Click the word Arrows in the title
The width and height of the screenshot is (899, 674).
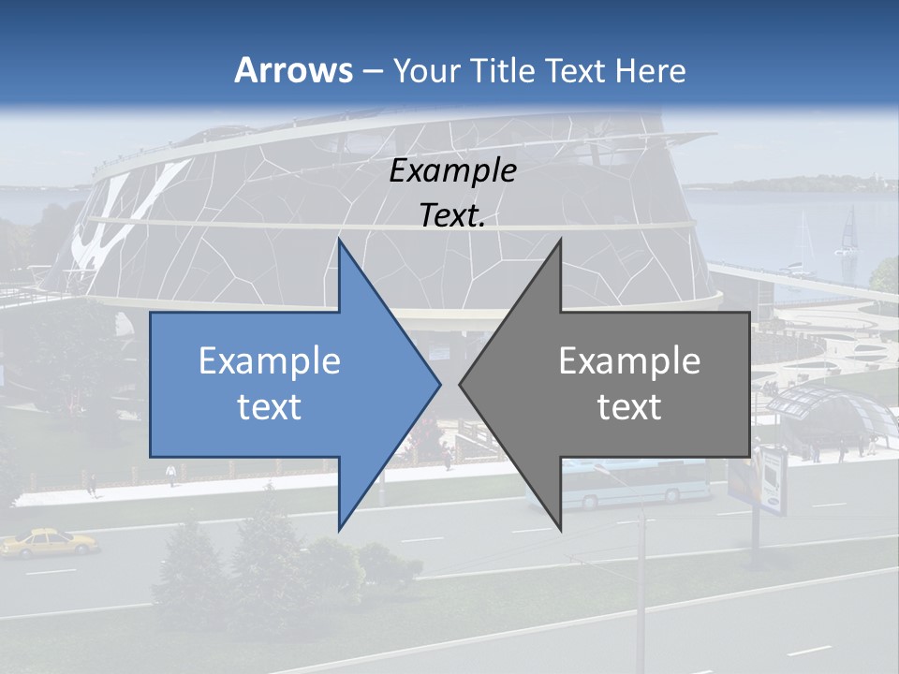pyautogui.click(x=293, y=70)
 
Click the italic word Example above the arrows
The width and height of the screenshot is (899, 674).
pyautogui.click(x=452, y=170)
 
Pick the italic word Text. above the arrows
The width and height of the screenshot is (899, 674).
pyautogui.click(x=452, y=215)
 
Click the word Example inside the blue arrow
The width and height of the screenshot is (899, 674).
pyautogui.click(x=270, y=360)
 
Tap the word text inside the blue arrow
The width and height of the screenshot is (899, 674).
pyautogui.click(x=270, y=406)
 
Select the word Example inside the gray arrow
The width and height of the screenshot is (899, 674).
pyautogui.click(x=629, y=360)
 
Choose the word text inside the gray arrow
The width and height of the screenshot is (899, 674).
pyautogui.click(x=629, y=406)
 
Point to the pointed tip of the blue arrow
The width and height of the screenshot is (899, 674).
pyautogui.click(x=438, y=384)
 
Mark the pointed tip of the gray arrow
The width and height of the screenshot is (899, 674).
pyautogui.click(x=461, y=384)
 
